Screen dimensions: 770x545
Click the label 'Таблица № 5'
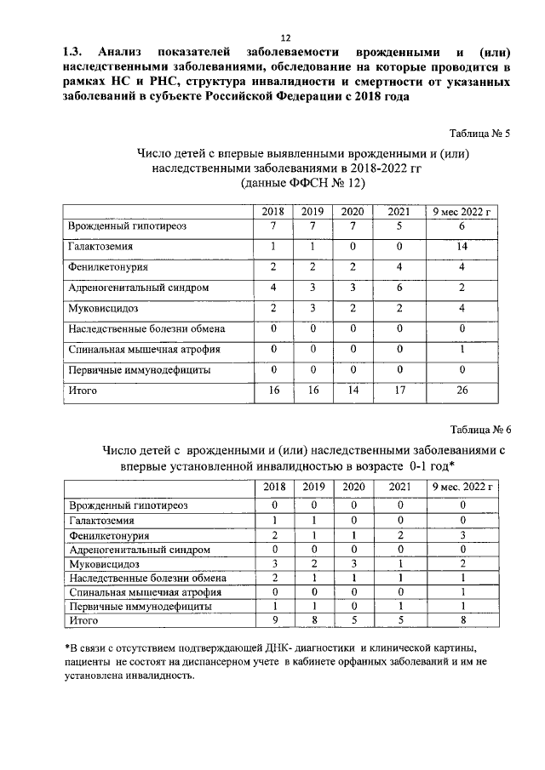click(479, 134)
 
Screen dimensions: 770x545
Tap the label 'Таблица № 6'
click(479, 429)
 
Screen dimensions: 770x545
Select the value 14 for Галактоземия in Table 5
click(461, 246)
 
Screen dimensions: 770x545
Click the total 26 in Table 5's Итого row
click(461, 391)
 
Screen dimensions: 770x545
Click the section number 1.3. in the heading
click(71, 51)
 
